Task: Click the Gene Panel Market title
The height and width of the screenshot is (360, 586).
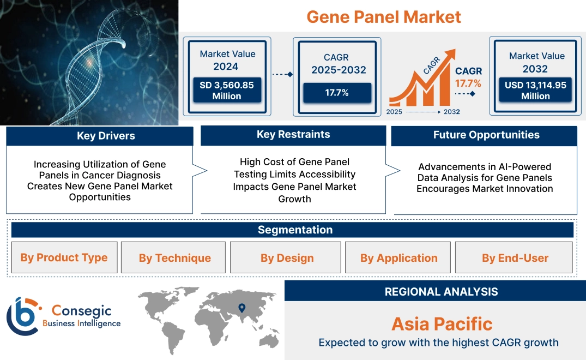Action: coord(383,16)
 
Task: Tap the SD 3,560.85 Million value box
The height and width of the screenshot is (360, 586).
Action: coord(226,90)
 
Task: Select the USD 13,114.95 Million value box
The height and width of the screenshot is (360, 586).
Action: coord(535,90)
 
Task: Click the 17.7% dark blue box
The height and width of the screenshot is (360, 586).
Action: coord(337,93)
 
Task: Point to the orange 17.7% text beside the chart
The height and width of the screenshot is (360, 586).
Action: coord(468,83)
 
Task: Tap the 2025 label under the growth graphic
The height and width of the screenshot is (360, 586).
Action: coord(395,112)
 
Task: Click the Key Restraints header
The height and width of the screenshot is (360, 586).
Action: coord(293,135)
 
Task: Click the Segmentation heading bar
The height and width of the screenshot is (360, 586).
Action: coord(295,230)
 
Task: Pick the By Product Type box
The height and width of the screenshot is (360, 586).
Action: coord(64,257)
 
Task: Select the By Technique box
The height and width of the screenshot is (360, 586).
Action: coord(174,258)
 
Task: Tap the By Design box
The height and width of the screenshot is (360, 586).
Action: coord(287,258)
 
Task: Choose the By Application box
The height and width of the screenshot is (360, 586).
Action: coord(398,258)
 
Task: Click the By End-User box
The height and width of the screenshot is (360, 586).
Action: coord(515,258)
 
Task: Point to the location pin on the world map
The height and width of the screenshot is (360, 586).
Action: coord(241,309)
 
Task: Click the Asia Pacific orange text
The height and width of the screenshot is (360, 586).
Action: coord(442,324)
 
